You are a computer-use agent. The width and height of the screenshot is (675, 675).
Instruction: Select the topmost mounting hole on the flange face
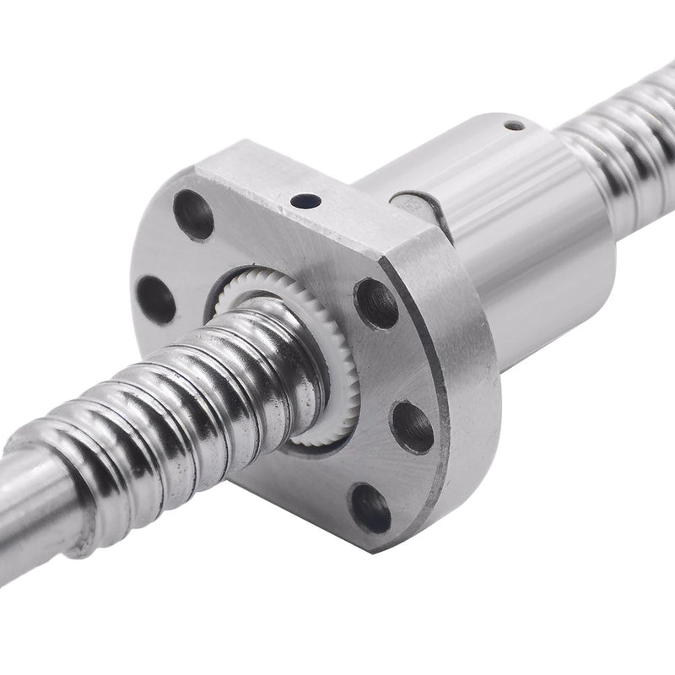pos(193,214)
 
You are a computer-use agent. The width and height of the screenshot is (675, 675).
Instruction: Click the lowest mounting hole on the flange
pos(370,508)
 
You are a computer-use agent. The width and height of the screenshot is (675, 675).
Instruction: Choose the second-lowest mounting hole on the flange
pos(413,426)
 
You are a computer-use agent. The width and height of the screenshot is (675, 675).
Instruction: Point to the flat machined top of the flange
pos(287,181)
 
